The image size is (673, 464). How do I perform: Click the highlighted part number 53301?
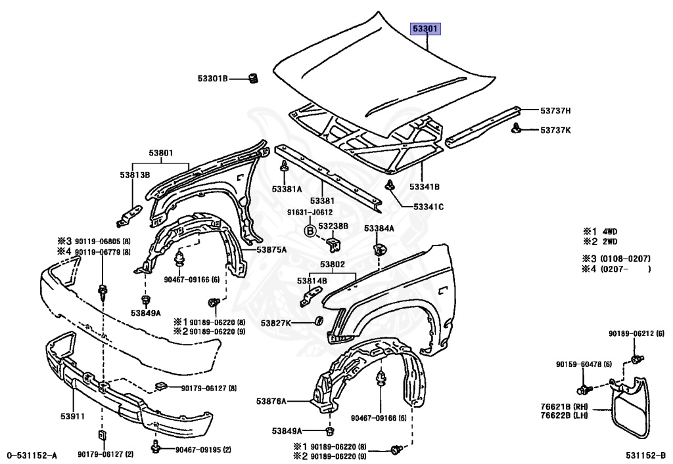pos(426,29)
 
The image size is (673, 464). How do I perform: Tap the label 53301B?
pos(212,79)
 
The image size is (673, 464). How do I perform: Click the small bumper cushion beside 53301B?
pos(251,79)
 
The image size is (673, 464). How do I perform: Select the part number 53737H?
pos(555,110)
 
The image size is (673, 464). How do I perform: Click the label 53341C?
pos(429,207)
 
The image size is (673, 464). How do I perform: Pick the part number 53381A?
pos(287,189)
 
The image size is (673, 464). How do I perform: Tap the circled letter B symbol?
pos(309,230)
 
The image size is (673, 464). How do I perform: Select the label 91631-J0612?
pos(309,212)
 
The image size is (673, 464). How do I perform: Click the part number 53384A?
pos(379,228)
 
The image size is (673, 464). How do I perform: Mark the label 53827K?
pos(277,323)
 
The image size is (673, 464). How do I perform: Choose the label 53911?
pos(73,416)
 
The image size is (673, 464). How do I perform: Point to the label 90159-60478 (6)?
pos(584,365)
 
